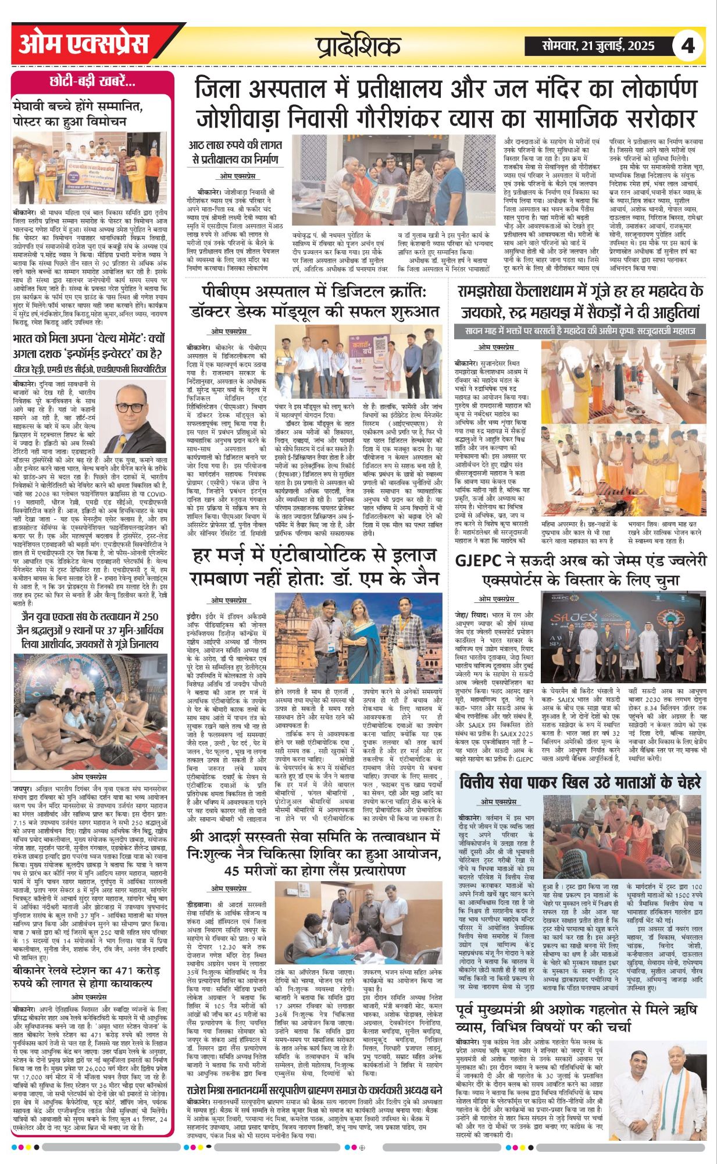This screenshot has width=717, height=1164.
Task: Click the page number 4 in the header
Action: click(688, 45)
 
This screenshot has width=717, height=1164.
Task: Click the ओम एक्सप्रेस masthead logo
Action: click(84, 44)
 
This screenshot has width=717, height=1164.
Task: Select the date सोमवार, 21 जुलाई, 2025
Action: click(598, 46)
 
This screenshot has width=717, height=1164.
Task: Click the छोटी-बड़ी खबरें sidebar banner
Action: click(92, 82)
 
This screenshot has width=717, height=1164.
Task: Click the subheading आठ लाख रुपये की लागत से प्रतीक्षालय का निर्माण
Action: click(235, 152)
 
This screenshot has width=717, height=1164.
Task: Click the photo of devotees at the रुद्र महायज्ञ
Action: click(623, 431)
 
